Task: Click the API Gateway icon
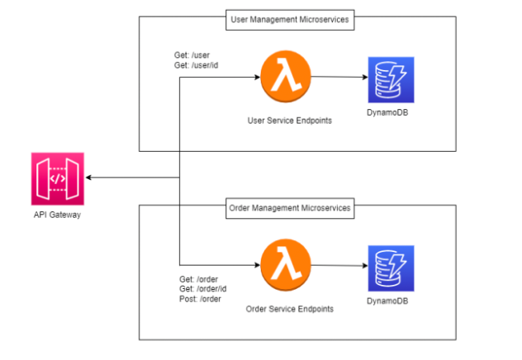(x=56, y=178)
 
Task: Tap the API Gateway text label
(x=56, y=216)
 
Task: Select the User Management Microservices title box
(x=289, y=17)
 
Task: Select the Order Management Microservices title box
(x=289, y=207)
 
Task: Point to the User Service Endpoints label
(x=289, y=121)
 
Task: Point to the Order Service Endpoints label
(x=289, y=309)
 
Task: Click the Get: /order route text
(x=199, y=279)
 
